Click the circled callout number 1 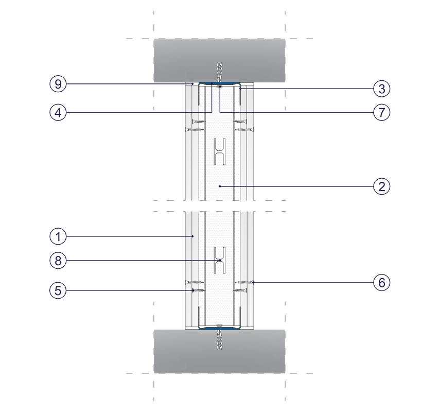point(58,236)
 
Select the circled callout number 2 point(381,186)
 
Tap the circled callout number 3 point(381,89)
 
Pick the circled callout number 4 point(58,112)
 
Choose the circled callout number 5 point(58,290)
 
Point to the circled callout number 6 point(381,282)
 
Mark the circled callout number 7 point(381,112)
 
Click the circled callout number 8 point(58,261)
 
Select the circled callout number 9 point(58,84)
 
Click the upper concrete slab point(219,60)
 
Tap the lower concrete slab point(219,351)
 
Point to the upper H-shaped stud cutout point(220,151)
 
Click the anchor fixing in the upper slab point(220,73)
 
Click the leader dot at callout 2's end point(220,186)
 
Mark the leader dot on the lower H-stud point(220,261)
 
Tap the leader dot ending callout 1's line point(192,236)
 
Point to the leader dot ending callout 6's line point(253,282)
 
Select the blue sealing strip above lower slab point(219,329)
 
